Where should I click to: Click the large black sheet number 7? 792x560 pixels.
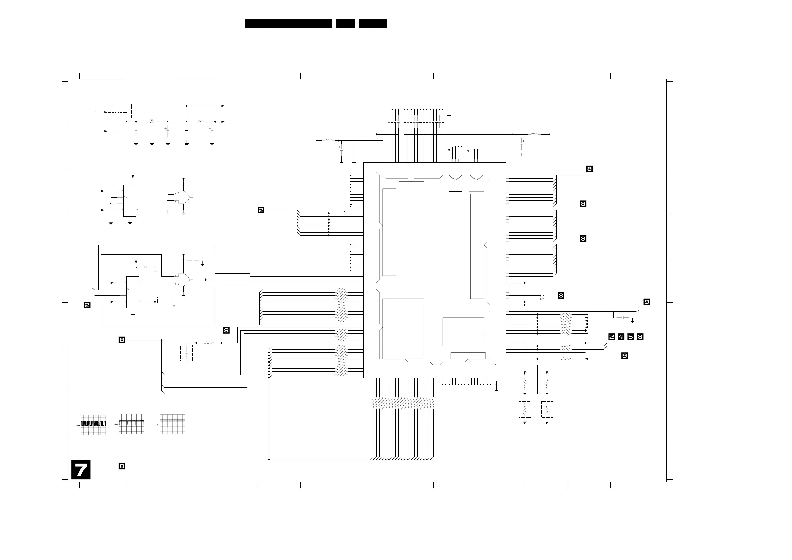pos(81,470)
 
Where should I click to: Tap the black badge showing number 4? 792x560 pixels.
pos(621,336)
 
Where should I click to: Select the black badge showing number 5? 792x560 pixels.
pos(631,336)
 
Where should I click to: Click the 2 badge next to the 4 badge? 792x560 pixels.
pos(612,336)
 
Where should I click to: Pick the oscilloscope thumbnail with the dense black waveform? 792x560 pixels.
pos(93,425)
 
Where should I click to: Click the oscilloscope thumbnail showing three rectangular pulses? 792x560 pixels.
pos(131,424)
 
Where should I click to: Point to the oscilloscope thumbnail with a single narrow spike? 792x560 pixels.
pos(172,424)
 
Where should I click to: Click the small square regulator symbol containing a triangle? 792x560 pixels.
pos(152,122)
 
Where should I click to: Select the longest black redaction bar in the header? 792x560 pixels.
pos(289,23)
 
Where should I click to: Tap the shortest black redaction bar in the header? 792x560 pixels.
pos(345,23)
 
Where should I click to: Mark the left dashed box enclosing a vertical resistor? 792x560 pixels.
pos(525,409)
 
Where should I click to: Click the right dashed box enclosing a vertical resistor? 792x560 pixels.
pos(547,409)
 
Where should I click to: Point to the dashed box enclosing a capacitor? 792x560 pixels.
pos(186,353)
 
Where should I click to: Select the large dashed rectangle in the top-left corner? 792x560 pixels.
pos(113,111)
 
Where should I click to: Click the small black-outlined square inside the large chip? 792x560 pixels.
pos(455,186)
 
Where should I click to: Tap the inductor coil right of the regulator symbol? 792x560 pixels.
pos(199,121)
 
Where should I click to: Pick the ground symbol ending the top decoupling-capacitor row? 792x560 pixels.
pos(449,115)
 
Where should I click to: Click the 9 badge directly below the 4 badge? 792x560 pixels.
pos(624,355)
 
